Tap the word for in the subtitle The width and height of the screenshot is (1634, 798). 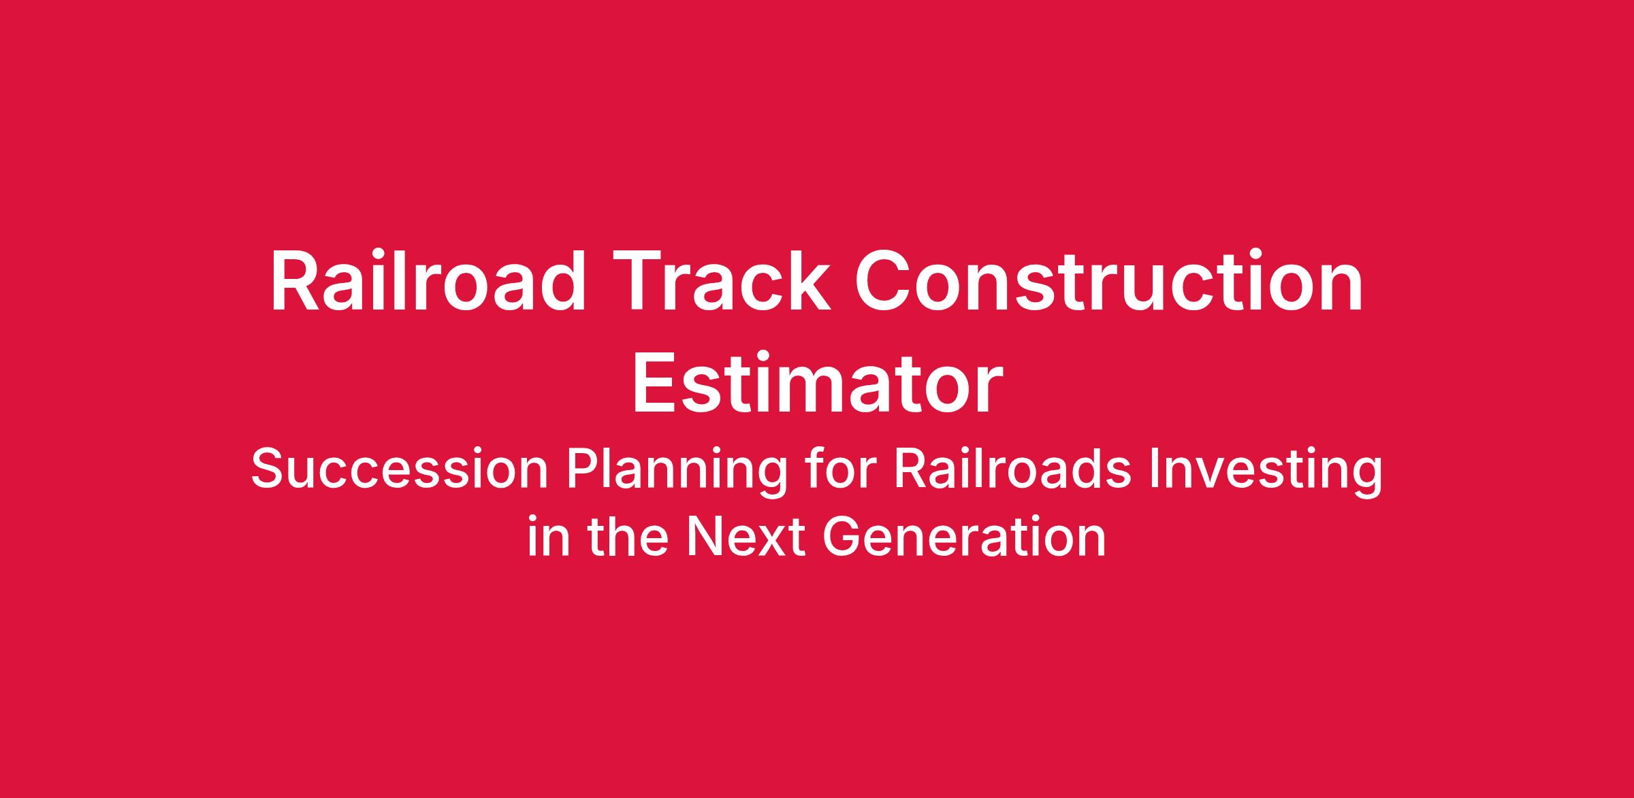839,469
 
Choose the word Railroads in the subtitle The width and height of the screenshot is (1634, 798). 1012,469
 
